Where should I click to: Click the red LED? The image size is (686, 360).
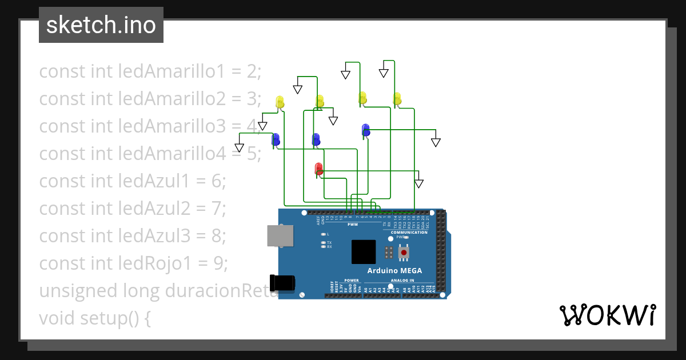coord(319,169)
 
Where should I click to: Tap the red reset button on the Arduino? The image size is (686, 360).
coord(404,252)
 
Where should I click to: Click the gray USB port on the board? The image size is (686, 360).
coord(280,235)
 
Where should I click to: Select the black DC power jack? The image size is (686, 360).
coord(284,283)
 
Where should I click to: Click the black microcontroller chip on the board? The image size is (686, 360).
coord(364,251)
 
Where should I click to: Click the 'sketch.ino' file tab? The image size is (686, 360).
coord(101,25)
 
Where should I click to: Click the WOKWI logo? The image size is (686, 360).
coord(607,315)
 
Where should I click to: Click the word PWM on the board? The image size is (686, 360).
coord(352,225)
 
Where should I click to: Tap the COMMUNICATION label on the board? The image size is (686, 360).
coord(409,233)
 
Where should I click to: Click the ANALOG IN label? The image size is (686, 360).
coord(402,281)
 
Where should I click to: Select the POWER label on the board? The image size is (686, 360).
coord(352,281)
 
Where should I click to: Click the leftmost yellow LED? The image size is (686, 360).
coord(280,102)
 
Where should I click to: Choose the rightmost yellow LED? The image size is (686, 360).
coord(397,98)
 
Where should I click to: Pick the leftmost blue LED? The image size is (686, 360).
coord(276,139)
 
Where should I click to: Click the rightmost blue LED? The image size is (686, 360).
coord(365,130)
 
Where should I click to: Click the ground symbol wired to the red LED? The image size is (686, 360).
coord(418,183)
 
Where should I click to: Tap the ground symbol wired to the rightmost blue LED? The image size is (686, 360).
coord(436,142)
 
